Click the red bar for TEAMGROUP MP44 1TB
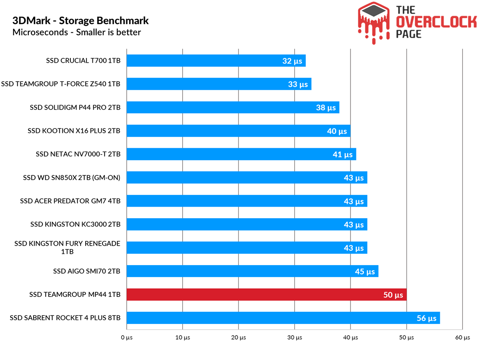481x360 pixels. [x=267, y=294]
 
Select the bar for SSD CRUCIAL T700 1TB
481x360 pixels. [x=216, y=61]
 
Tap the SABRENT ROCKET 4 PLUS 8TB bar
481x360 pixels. [x=283, y=318]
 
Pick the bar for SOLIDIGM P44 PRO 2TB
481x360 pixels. [x=233, y=107]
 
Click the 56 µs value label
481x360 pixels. [x=426, y=318]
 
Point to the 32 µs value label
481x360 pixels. [x=292, y=61]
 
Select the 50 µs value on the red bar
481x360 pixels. [x=393, y=295]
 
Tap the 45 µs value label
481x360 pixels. [x=365, y=271]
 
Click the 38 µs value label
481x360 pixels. [x=326, y=108]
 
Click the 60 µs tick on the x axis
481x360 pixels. [x=463, y=338]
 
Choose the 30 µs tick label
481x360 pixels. [x=295, y=338]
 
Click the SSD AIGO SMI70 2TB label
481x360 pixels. [x=86, y=271]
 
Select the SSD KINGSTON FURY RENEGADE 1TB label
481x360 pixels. [x=67, y=247]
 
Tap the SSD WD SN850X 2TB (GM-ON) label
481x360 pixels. [x=72, y=177]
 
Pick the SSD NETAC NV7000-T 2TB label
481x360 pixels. [x=78, y=154]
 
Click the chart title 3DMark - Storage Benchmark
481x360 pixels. [x=81, y=21]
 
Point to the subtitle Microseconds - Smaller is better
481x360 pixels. [x=77, y=32]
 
